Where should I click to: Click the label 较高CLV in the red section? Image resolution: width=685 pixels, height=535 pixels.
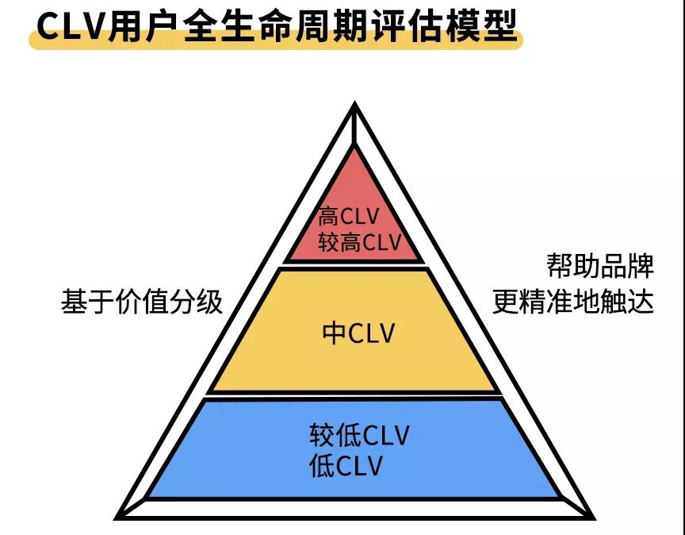coord(361,241)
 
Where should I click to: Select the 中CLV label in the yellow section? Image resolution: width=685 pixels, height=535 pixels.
coord(358,333)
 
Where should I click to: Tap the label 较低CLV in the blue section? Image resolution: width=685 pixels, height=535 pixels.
coord(359,437)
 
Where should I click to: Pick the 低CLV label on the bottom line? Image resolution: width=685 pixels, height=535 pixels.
coord(346,466)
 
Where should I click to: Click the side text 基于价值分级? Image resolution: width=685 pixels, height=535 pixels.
coord(142,302)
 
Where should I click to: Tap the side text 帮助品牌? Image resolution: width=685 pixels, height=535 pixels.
coord(600,266)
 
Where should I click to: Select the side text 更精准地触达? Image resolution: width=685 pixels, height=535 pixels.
coord(573,302)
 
